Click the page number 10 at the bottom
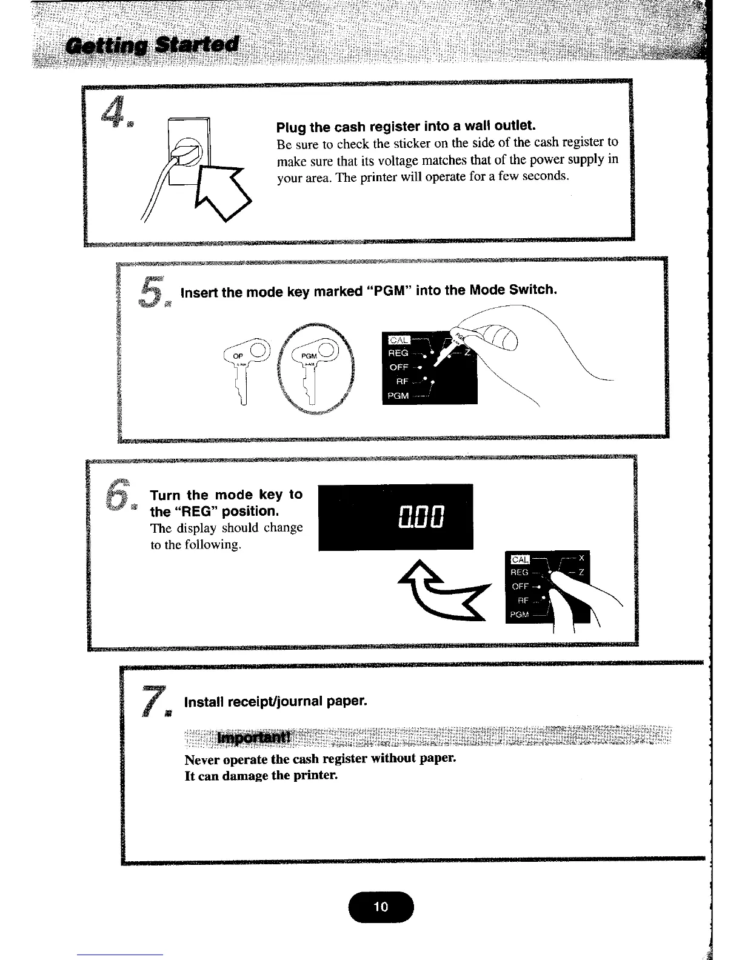[381, 907]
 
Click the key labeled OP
[244, 370]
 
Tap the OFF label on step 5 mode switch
[399, 367]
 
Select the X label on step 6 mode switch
[581, 559]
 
